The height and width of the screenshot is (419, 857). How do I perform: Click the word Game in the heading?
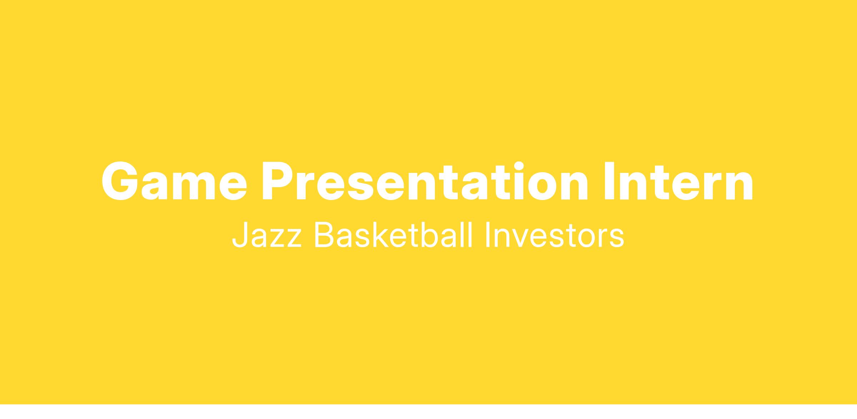click(174, 181)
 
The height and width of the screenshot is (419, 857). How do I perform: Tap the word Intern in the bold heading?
click(678, 181)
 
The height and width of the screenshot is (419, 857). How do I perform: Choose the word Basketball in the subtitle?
click(393, 235)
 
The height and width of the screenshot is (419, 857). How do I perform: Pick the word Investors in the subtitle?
click(555, 235)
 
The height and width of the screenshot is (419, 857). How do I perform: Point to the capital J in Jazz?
click(240, 235)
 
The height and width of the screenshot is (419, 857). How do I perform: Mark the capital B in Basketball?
click(324, 235)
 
